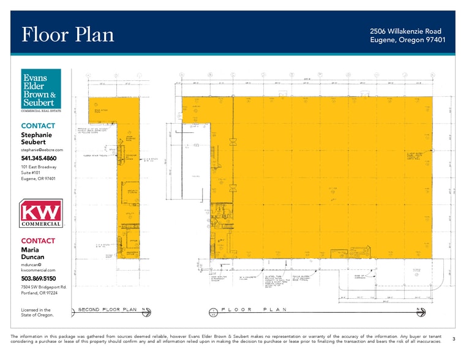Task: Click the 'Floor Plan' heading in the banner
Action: click(x=68, y=35)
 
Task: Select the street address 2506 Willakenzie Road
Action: click(x=405, y=31)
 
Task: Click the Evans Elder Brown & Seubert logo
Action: click(x=41, y=91)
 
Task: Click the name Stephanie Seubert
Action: click(x=37, y=138)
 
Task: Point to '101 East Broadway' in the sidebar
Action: click(x=39, y=167)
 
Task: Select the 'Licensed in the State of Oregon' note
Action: click(x=36, y=312)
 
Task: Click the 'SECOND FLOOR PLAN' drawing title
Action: click(x=107, y=310)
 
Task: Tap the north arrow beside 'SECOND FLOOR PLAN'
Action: click(x=146, y=311)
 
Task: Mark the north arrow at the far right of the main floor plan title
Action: click(x=421, y=311)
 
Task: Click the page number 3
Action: click(x=453, y=339)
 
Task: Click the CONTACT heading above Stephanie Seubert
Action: click(x=38, y=126)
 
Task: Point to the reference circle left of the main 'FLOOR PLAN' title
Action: click(x=212, y=312)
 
